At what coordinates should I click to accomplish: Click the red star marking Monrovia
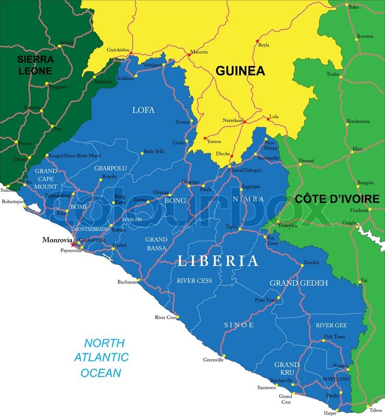73,244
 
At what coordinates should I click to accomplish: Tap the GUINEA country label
240,71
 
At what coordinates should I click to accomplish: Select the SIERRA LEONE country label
35,65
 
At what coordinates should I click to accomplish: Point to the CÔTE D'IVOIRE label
337,199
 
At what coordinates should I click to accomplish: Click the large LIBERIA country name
218,261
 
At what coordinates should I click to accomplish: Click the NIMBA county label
249,199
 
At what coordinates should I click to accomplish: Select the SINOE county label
239,325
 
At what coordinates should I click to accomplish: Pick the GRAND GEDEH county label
299,283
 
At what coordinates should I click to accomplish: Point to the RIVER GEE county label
331,326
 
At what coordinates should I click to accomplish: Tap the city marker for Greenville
223,356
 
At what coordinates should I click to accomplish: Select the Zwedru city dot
302,266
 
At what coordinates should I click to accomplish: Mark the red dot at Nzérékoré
244,122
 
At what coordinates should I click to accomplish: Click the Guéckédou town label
118,50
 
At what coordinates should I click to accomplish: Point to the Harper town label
330,413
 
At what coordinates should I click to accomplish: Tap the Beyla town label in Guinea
264,45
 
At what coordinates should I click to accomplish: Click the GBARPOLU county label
110,168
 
